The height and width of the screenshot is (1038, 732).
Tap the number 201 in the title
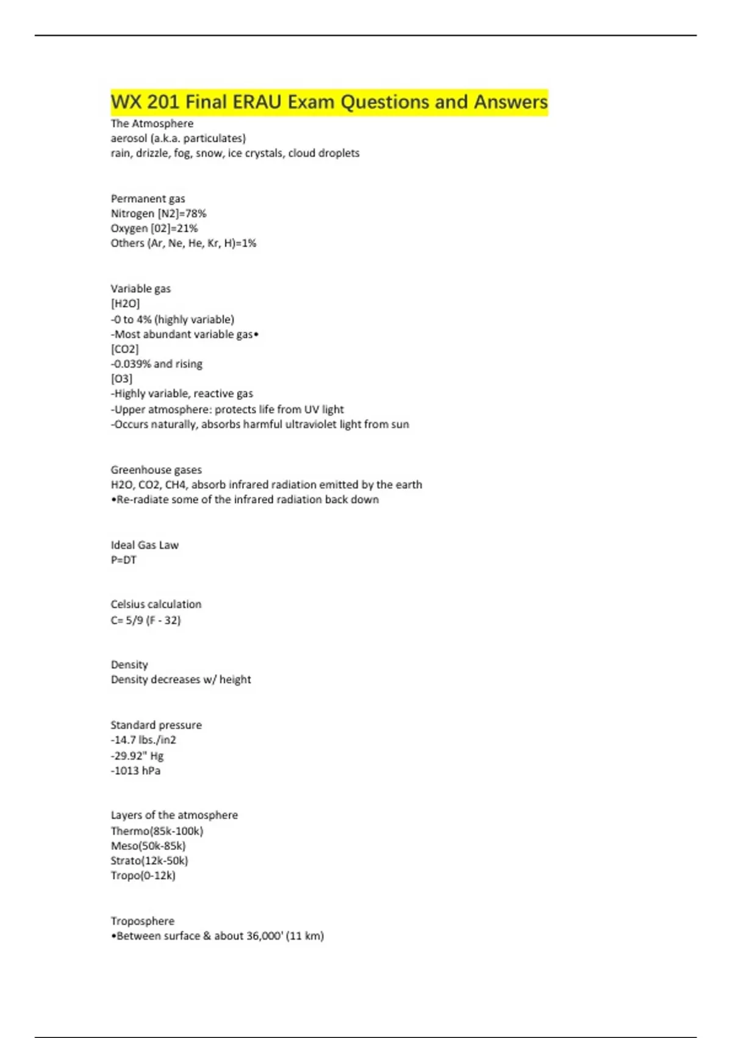pos(163,102)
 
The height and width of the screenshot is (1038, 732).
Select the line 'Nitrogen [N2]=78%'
pos(159,214)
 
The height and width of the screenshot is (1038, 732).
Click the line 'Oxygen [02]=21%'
pos(154,228)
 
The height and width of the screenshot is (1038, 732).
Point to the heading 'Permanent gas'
pos(148,198)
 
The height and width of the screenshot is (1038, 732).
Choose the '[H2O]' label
pos(125,303)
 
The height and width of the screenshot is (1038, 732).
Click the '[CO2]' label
pos(124,349)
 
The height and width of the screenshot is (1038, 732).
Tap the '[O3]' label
pos(121,379)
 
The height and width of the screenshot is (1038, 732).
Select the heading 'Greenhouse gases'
pos(156,470)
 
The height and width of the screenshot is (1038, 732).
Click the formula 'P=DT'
pos(124,560)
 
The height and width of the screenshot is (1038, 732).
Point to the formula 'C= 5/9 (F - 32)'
pos(146,620)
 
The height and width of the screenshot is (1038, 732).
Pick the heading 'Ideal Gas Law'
pos(145,545)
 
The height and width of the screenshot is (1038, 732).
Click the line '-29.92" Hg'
pos(137,755)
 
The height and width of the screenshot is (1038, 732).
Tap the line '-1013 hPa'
pos(135,771)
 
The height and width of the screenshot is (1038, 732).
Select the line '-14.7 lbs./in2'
pos(143,740)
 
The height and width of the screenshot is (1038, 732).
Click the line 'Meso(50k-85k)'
pos(148,846)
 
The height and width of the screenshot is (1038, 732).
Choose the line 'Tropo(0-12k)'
pos(143,876)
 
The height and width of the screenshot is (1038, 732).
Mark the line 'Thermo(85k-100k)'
pos(157,831)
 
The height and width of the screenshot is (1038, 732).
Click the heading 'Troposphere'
pos(142,921)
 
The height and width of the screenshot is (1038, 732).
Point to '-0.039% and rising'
pos(157,364)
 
